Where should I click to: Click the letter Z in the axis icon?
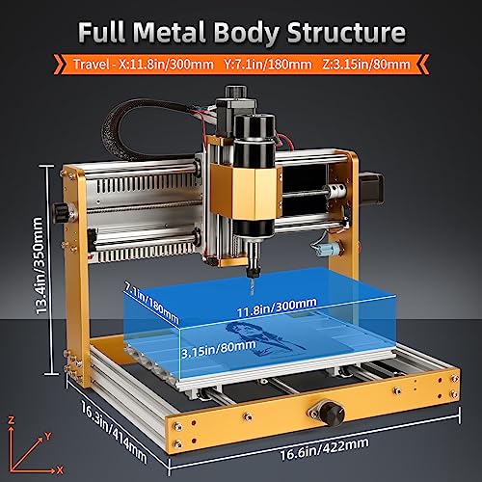point(11,421)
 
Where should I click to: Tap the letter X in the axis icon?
point(61,469)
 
